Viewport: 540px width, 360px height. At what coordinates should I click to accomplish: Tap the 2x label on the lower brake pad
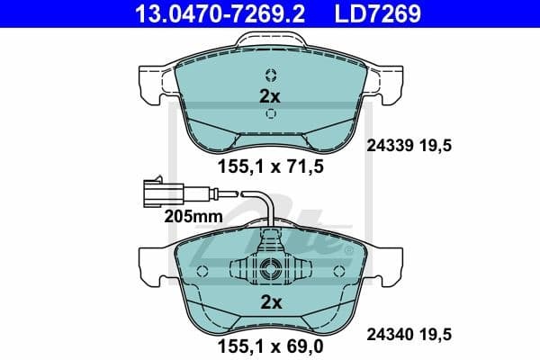[270, 301]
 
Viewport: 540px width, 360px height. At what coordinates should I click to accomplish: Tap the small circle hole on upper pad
[270, 76]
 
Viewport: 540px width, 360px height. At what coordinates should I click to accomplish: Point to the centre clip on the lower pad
[270, 270]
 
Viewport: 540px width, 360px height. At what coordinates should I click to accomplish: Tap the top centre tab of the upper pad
[270, 41]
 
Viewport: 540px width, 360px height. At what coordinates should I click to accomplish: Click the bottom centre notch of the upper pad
[270, 144]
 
